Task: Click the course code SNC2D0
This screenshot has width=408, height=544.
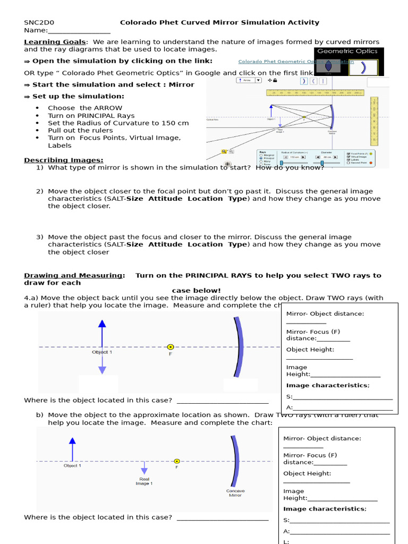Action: pyautogui.click(x=39, y=22)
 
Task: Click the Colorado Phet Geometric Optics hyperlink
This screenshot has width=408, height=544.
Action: pyautogui.click(x=295, y=62)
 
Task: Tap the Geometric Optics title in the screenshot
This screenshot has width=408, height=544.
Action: pyautogui.click(x=347, y=51)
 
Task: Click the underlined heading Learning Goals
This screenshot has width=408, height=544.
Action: pyautogui.click(x=54, y=41)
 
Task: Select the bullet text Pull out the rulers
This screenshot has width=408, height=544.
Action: pyautogui.click(x=80, y=130)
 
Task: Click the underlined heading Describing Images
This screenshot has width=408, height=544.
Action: pyautogui.click(x=64, y=160)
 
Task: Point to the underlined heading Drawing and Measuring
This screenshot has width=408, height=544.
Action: pyautogui.click(x=74, y=275)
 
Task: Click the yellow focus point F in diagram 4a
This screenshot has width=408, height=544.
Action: pyautogui.click(x=170, y=347)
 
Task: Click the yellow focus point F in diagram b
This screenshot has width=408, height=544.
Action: pyautogui.click(x=177, y=461)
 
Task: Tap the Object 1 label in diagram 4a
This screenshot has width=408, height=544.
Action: pyautogui.click(x=102, y=352)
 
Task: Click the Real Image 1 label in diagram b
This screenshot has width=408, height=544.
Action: pyautogui.click(x=144, y=481)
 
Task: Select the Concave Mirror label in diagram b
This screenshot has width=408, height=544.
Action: pyautogui.click(x=235, y=493)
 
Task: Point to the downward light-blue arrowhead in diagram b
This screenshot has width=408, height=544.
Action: pyautogui.click(x=144, y=471)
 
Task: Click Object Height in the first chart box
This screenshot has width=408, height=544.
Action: pyautogui.click(x=310, y=350)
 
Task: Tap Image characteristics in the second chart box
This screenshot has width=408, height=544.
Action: pyautogui.click(x=324, y=509)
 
